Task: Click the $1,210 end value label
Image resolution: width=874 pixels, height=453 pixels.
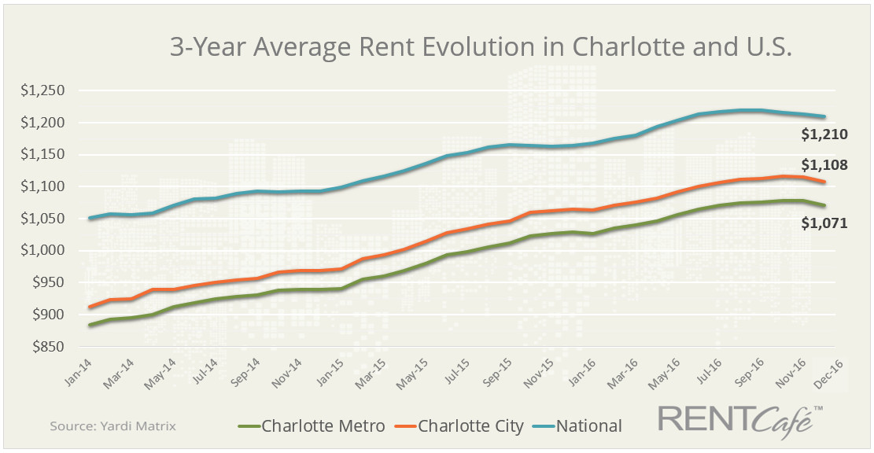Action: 824,134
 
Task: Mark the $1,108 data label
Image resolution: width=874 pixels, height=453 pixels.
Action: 824,166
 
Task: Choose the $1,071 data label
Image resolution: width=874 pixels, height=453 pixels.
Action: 824,223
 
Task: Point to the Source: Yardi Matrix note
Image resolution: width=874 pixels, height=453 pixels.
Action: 112,426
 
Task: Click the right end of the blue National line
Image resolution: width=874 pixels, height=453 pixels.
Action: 824,117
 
